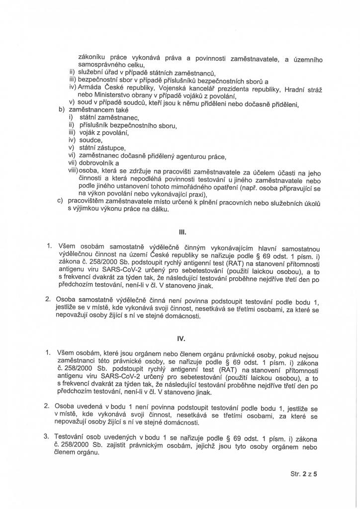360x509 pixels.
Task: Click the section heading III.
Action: pos(181,231)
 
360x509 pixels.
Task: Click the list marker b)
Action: pos(62,109)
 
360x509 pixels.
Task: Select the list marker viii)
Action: pos(73,170)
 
